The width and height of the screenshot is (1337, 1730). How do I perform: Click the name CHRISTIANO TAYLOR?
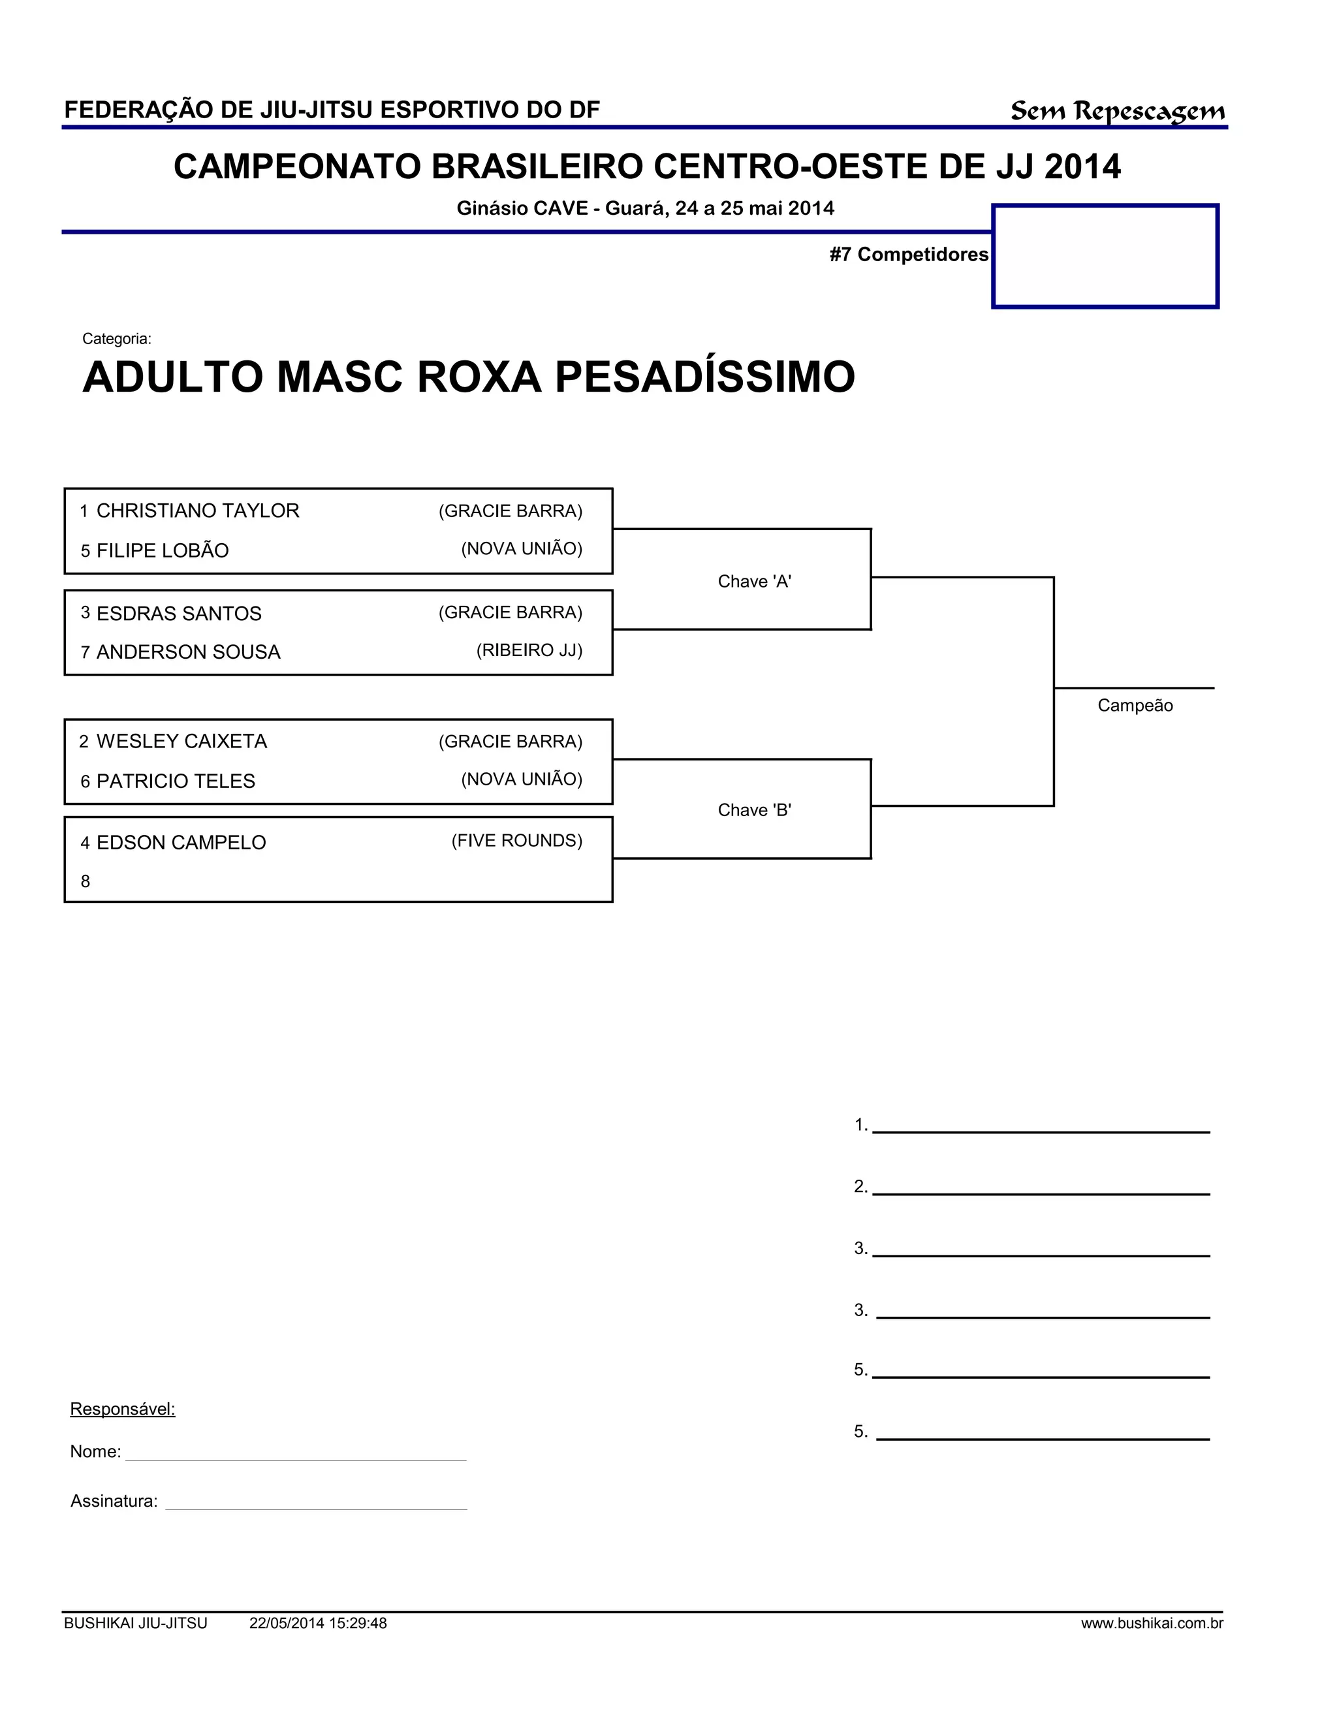197,511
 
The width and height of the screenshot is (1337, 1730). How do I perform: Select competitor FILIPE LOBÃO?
163,550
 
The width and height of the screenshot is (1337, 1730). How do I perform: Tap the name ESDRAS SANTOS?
179,613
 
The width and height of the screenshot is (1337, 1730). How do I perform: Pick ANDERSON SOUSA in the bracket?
189,652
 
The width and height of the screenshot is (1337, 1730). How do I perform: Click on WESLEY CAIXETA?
181,742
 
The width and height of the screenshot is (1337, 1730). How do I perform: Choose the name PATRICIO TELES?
176,781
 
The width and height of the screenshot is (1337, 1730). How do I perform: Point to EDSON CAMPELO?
181,843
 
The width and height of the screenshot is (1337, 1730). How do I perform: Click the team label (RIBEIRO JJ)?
529,650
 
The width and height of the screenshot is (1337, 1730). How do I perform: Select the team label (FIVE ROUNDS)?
516,840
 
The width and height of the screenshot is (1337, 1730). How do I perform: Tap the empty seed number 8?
86,881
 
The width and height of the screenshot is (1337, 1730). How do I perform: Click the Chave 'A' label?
754,582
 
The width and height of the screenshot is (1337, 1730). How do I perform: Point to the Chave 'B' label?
754,810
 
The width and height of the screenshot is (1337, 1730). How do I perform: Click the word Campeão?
1134,706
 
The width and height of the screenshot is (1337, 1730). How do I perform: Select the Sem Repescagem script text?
1117,111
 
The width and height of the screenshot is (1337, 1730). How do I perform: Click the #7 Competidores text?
909,254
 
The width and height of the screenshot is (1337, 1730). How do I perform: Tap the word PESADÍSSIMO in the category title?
704,377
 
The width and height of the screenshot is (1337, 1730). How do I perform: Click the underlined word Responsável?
123,1409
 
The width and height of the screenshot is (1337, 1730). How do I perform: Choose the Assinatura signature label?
114,1501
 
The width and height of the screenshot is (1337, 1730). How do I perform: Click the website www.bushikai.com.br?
1152,1623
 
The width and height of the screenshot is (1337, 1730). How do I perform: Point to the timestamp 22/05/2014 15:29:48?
318,1623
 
